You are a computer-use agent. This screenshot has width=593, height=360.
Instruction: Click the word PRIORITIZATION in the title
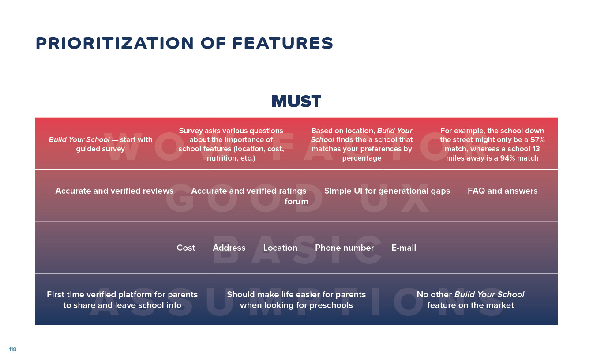pyautogui.click(x=115, y=43)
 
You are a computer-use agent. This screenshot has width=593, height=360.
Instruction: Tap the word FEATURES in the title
pyautogui.click(x=283, y=43)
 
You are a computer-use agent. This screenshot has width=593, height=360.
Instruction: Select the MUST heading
pyautogui.click(x=296, y=101)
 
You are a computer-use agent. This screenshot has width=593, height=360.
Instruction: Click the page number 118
pyautogui.click(x=12, y=349)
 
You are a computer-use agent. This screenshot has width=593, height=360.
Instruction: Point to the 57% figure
pyautogui.click(x=537, y=139)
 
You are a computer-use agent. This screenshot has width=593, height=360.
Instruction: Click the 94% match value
pyautogui.click(x=519, y=158)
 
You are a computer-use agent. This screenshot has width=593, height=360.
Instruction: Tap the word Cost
pyautogui.click(x=186, y=248)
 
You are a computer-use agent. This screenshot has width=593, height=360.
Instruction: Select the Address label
pyautogui.click(x=229, y=248)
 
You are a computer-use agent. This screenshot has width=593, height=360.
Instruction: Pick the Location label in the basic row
pyautogui.click(x=280, y=248)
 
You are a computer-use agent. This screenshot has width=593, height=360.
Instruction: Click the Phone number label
pyautogui.click(x=345, y=248)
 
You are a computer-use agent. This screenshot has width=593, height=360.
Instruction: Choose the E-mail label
pyautogui.click(x=404, y=248)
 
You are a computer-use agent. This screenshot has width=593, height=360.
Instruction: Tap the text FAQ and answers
pyautogui.click(x=503, y=191)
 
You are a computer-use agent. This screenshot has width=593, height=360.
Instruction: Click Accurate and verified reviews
pyautogui.click(x=114, y=191)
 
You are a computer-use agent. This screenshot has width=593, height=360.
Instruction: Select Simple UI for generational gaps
pyautogui.click(x=387, y=191)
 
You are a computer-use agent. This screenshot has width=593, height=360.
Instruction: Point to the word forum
pyautogui.click(x=296, y=202)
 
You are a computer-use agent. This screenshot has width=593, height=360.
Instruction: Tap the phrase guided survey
pyautogui.click(x=100, y=149)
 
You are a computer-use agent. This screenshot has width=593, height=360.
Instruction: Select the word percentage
pyautogui.click(x=362, y=158)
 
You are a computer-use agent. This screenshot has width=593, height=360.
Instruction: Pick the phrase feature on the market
pyautogui.click(x=470, y=305)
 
